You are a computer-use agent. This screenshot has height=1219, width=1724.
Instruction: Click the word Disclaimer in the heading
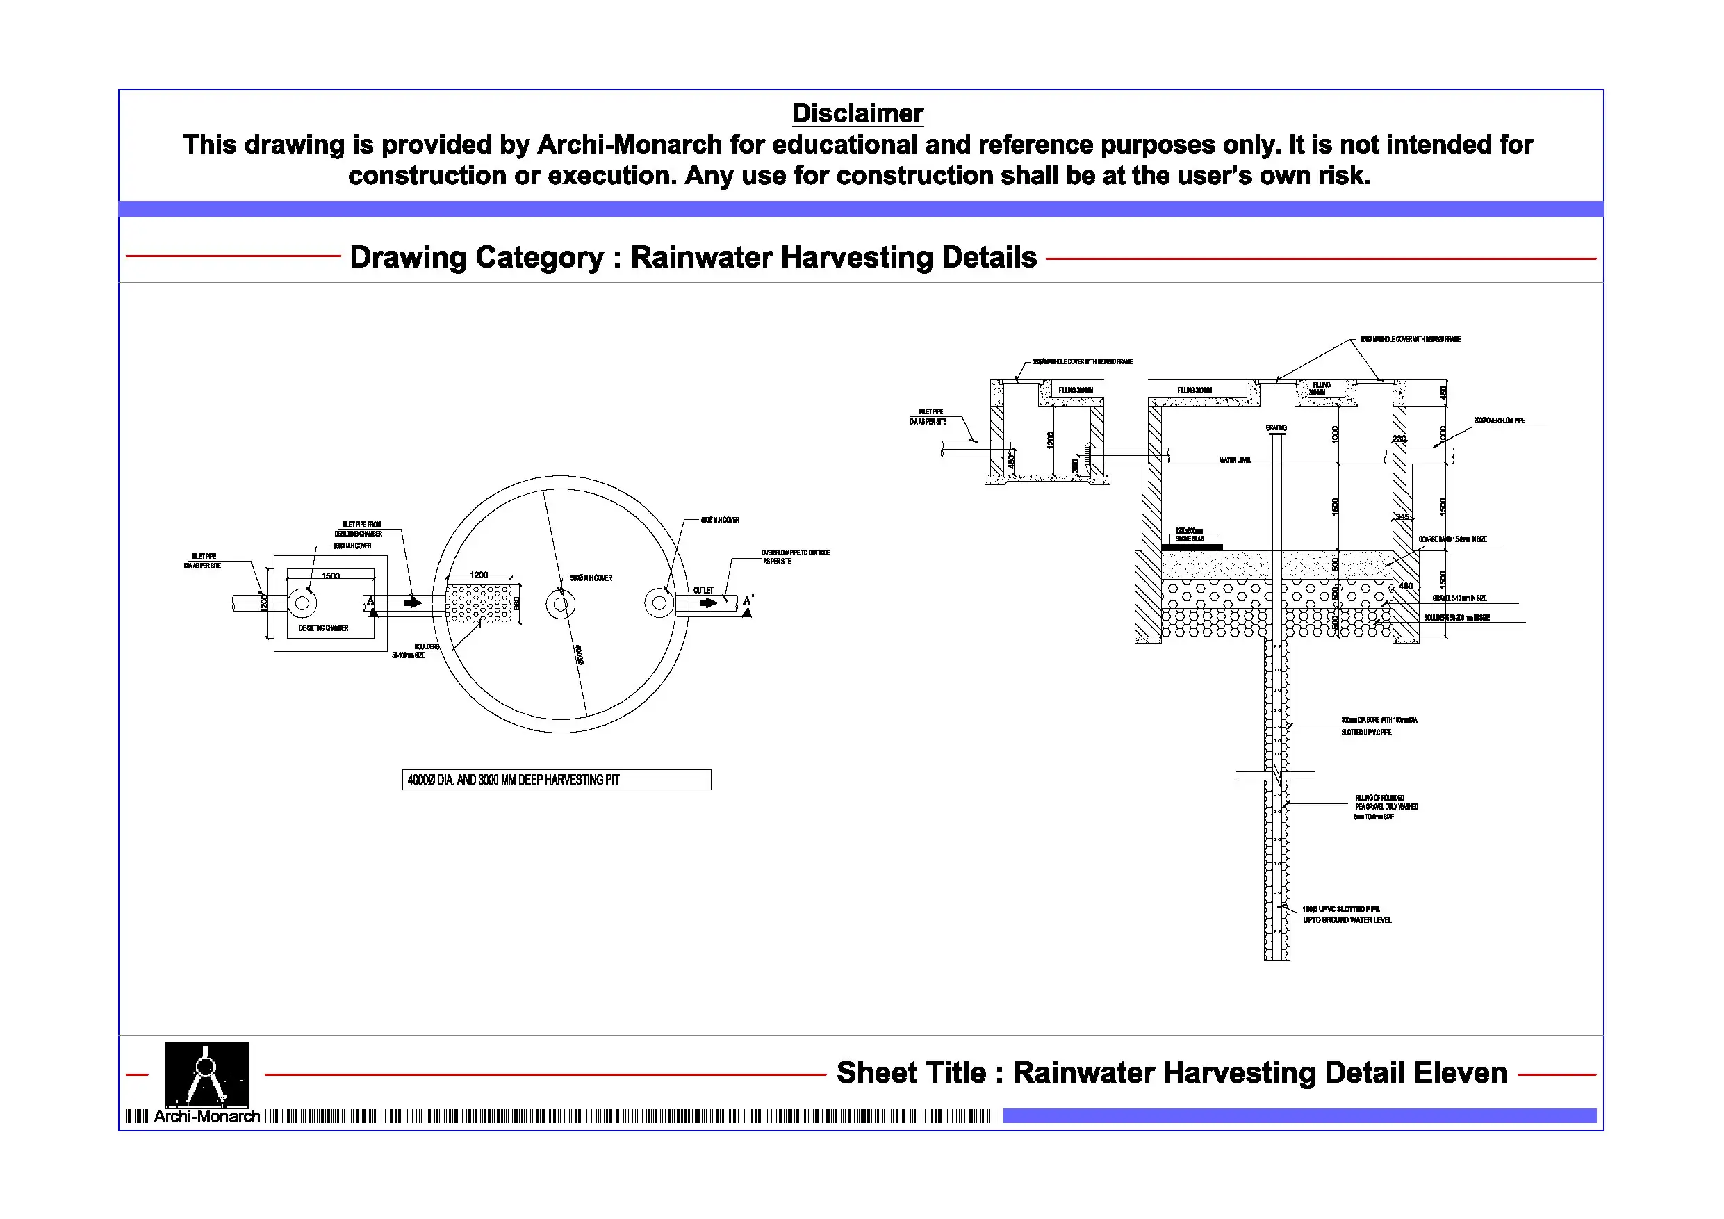tap(857, 113)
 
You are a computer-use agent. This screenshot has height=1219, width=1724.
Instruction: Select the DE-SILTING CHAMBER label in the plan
tap(323, 628)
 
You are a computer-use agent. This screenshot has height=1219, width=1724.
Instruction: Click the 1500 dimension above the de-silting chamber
tap(330, 576)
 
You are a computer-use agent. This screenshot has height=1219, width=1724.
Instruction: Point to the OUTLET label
tap(703, 590)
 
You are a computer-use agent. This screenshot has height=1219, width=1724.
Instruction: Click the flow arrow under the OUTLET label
tap(708, 603)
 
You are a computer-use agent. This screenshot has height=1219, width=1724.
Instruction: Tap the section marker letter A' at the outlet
tap(748, 600)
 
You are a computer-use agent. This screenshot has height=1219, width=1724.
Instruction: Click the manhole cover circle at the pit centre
tap(560, 604)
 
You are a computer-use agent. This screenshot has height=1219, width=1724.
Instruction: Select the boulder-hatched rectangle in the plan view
tap(482, 603)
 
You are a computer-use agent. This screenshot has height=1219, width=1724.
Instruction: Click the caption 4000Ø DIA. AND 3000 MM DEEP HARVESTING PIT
tap(556, 780)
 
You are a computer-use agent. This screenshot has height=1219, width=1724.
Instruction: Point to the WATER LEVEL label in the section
tap(1235, 459)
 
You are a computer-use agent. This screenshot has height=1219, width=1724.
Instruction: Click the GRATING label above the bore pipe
tap(1276, 427)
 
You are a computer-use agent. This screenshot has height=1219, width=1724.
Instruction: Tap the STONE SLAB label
tap(1190, 539)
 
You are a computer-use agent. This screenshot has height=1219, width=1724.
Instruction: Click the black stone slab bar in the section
tap(1198, 548)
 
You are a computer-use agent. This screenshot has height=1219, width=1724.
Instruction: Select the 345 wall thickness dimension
tap(1402, 517)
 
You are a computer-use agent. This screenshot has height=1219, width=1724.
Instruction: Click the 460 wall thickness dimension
tap(1405, 586)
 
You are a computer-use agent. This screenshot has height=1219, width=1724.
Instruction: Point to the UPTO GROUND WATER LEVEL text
tap(1347, 920)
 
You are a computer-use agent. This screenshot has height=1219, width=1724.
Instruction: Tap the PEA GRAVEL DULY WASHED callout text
tap(1386, 807)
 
